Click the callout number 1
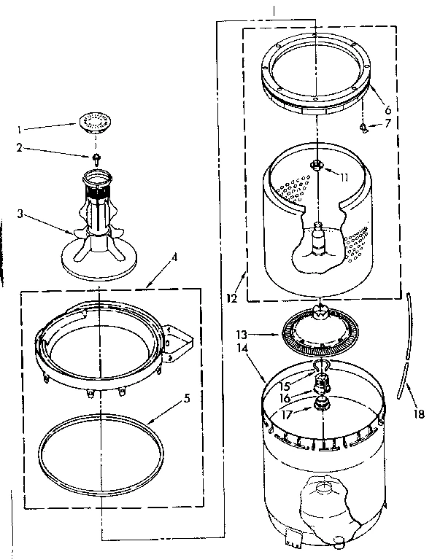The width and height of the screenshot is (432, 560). (x=19, y=129)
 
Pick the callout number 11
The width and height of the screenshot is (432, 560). (x=343, y=176)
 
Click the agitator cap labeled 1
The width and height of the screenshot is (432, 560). (x=93, y=120)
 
